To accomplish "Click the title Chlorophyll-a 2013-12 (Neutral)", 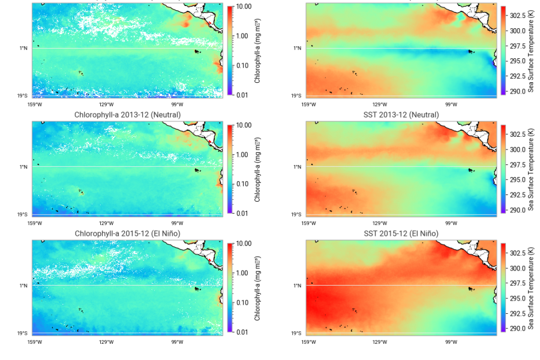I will [x=127, y=115].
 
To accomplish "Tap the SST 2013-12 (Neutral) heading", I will [x=401, y=115].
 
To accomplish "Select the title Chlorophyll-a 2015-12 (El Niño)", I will [x=127, y=233].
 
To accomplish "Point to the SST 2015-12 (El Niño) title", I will [x=401, y=233].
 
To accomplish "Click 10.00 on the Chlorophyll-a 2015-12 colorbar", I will [x=243, y=244].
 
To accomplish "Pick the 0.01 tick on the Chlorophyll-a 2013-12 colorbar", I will [x=243, y=214].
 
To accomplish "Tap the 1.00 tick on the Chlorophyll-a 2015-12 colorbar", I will [x=243, y=273].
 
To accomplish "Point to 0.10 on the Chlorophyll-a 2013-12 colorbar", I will [x=243, y=184].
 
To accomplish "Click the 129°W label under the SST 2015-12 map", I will [x=380, y=341].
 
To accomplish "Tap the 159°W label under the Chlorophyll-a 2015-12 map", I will [x=35, y=341].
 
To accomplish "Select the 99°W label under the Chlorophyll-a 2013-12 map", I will [x=177, y=223].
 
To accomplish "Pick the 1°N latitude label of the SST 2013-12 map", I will [x=297, y=167].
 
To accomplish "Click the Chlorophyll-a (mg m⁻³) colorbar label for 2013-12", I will [x=257, y=169].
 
